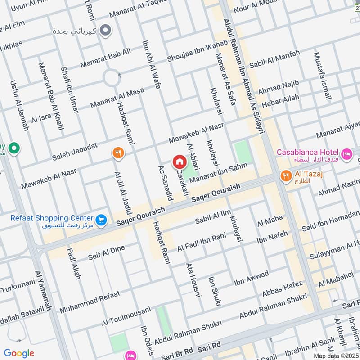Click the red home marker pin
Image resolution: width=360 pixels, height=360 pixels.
pos(179,162)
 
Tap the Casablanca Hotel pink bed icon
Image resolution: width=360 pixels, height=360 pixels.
pos(347,155)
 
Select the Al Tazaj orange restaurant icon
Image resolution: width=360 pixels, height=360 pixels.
pos(285,176)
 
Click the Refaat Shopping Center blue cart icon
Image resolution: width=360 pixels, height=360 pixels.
pos(102,220)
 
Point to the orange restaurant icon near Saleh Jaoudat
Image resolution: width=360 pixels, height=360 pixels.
pos(118,153)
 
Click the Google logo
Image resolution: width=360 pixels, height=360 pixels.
pos(19,353)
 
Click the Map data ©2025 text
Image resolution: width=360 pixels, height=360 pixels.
pos(336,356)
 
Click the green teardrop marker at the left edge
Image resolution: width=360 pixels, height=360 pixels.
pos(14,147)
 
